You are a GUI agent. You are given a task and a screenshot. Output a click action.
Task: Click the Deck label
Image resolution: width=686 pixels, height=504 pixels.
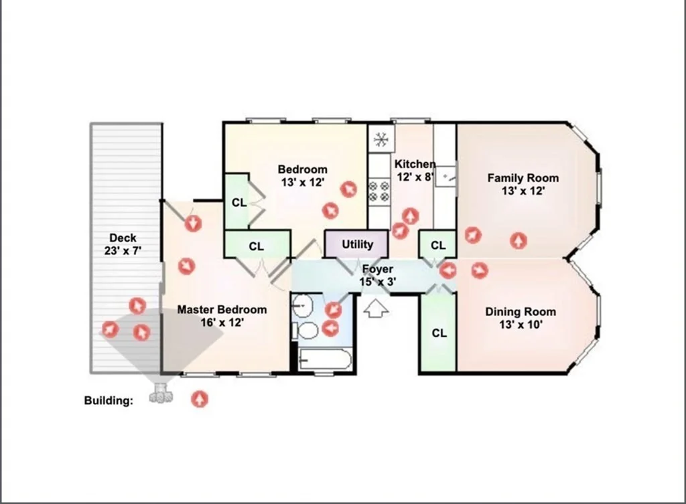click(123, 238)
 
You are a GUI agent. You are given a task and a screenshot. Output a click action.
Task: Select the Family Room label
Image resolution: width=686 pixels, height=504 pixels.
click(523, 178)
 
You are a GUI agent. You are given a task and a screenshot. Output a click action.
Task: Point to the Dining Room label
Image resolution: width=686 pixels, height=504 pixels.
click(521, 312)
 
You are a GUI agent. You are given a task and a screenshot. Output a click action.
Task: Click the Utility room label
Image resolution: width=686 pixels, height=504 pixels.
click(358, 244)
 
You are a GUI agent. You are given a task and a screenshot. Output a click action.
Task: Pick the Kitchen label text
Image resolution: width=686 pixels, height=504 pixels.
click(415, 165)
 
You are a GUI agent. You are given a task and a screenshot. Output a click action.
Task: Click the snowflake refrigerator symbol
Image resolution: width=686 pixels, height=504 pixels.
click(381, 139)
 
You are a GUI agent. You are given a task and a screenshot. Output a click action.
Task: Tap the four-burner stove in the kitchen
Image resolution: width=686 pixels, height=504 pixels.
click(379, 191)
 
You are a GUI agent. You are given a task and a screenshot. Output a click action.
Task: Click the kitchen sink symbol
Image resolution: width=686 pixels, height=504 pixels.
click(445, 177)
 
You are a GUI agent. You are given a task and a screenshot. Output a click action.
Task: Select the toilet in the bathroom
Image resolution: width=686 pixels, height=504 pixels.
click(305, 331)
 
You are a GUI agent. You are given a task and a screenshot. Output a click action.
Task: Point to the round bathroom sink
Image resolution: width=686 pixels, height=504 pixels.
click(302, 306)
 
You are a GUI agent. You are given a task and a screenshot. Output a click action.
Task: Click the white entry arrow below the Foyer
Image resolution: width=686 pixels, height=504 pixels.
click(376, 308)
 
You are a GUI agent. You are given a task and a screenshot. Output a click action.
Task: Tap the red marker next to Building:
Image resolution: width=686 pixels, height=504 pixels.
click(200, 399)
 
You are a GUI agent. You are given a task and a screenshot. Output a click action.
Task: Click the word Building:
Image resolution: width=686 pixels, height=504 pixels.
click(109, 401)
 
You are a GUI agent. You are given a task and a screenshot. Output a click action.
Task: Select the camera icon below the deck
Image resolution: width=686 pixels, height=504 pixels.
click(161, 394)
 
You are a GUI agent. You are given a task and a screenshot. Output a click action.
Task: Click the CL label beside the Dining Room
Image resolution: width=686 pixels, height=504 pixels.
click(439, 333)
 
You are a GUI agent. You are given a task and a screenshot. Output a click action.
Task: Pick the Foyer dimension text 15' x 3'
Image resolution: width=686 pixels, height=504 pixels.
click(378, 282)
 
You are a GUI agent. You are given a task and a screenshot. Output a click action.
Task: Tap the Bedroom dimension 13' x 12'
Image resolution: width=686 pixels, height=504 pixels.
click(302, 182)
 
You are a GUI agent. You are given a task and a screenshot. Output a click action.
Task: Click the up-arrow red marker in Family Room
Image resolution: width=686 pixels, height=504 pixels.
click(519, 240)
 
